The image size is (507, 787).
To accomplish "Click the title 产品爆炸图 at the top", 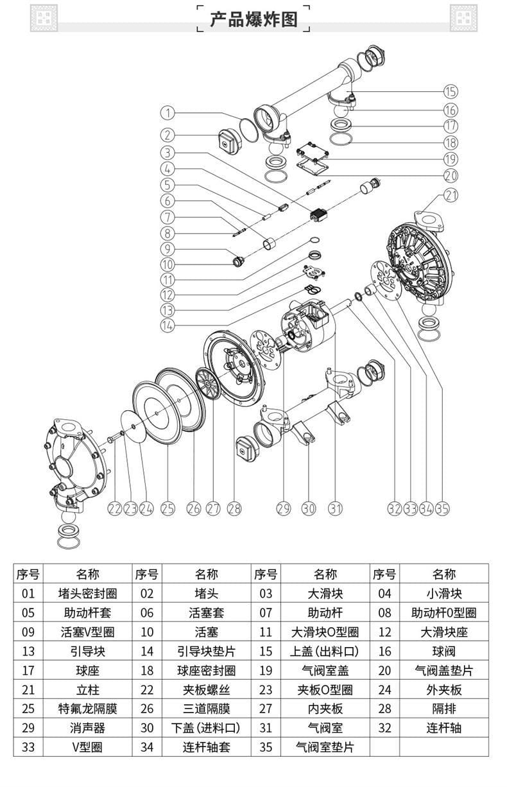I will click(x=254, y=19).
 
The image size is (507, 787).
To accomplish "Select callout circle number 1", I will click(x=168, y=113).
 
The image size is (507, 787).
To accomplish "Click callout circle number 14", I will click(x=168, y=325).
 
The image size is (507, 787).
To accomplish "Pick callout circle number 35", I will click(x=442, y=508).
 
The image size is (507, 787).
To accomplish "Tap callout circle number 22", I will click(x=114, y=508).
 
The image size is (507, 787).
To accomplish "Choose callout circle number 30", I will click(x=309, y=508).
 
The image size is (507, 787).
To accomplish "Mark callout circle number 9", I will click(x=168, y=249).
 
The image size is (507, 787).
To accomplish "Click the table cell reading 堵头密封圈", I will click(x=88, y=594).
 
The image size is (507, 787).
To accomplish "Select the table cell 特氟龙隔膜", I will click(x=88, y=709).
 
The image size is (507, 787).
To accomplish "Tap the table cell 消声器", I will click(x=88, y=728).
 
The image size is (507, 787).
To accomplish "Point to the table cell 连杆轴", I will click(x=444, y=728).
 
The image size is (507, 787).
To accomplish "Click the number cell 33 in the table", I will click(x=28, y=747).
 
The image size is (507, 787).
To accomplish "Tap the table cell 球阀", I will click(x=444, y=651).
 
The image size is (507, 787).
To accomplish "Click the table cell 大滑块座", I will click(x=444, y=632).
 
